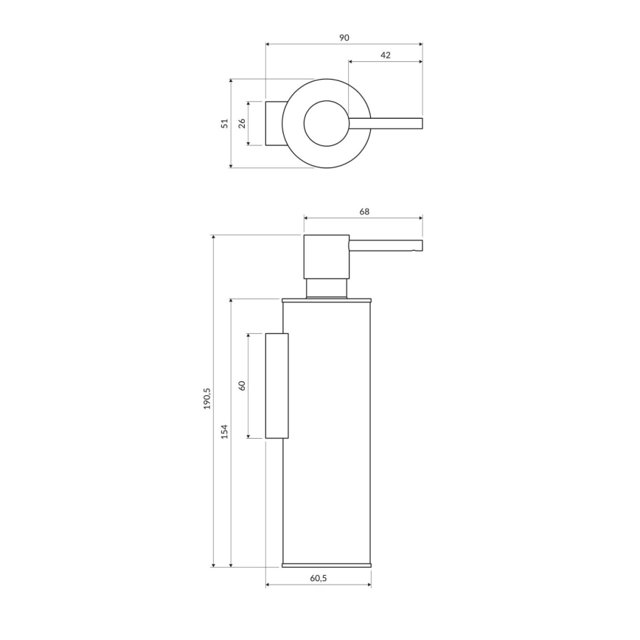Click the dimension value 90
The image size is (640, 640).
click(x=344, y=38)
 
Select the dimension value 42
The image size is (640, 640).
click(x=386, y=55)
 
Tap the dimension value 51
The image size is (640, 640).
click(x=225, y=124)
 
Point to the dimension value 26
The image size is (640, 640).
click(x=242, y=123)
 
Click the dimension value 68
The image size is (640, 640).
click(x=364, y=212)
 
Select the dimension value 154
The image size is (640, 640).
click(x=225, y=431)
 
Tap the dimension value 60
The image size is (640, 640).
click(x=242, y=385)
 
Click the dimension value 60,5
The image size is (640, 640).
click(x=319, y=579)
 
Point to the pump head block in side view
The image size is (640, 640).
click(x=326, y=257)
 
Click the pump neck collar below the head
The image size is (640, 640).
click(x=326, y=288)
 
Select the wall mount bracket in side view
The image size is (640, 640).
click(x=276, y=386)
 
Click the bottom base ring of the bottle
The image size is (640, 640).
click(x=326, y=565)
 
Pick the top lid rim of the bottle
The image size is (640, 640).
click(x=326, y=300)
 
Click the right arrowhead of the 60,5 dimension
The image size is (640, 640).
click(x=369, y=585)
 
